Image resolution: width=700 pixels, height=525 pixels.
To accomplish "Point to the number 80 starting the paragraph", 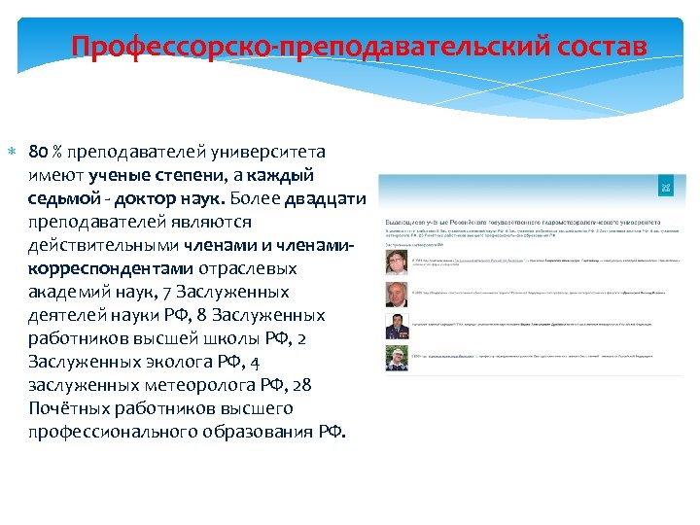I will [38, 152].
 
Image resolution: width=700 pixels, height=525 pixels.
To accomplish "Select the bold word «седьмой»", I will [59, 198].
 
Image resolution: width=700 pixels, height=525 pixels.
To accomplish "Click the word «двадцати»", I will [326, 198].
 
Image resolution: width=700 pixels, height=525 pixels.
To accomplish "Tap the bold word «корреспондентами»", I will [110, 268].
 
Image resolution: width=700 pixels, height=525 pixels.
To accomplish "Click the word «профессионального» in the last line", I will [117, 432].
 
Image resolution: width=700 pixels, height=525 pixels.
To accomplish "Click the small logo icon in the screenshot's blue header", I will [666, 187].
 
